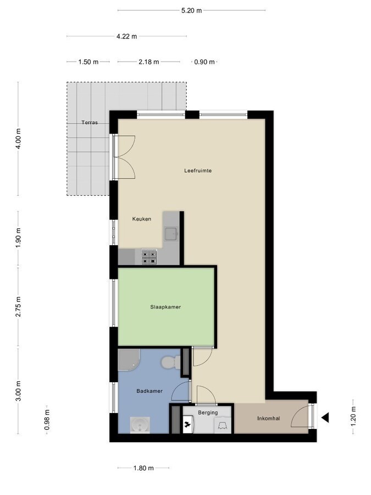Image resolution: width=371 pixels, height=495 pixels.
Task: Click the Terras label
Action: (x=89, y=122)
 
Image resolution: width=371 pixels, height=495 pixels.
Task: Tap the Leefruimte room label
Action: (x=198, y=170)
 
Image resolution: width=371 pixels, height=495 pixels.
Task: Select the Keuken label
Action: (x=141, y=219)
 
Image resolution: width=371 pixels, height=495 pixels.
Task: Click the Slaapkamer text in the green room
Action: (x=165, y=307)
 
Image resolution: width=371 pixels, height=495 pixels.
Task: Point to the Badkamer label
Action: (x=149, y=391)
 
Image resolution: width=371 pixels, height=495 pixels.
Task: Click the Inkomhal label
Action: (x=269, y=419)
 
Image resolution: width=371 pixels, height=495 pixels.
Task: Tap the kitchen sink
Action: (x=171, y=234)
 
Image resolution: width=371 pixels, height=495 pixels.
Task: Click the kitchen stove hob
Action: (x=149, y=257)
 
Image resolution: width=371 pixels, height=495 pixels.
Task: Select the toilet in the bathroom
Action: (x=170, y=362)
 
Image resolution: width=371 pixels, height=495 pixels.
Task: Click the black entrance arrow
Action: (x=325, y=418)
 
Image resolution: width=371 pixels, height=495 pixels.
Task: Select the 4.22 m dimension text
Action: (x=126, y=36)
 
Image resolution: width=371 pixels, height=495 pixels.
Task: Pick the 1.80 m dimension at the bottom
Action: (x=143, y=468)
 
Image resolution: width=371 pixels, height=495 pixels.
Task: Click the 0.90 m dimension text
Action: (x=204, y=62)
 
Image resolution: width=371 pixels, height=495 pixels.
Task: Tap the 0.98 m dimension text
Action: (x=47, y=419)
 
